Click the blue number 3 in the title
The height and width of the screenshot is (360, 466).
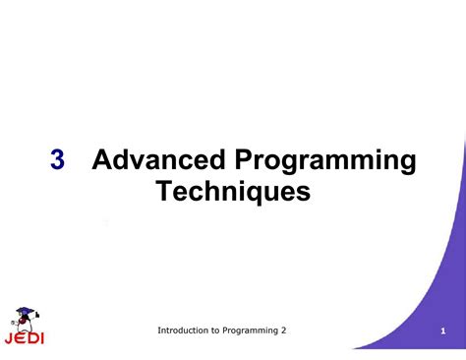(x=58, y=160)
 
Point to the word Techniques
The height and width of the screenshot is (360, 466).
(x=233, y=191)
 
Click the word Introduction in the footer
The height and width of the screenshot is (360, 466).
(x=188, y=330)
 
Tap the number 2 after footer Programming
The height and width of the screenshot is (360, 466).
(x=284, y=330)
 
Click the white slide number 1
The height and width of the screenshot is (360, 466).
(x=443, y=331)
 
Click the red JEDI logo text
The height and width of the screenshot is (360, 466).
(x=24, y=339)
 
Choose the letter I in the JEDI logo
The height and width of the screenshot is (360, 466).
(x=41, y=339)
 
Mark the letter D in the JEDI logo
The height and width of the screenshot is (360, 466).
(x=31, y=339)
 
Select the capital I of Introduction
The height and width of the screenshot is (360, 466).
(x=159, y=330)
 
